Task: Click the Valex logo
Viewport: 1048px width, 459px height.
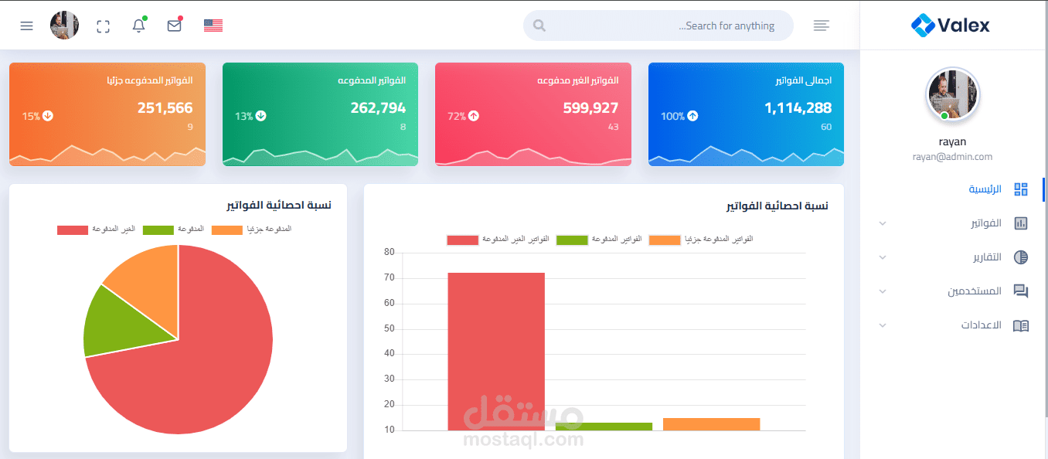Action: pyautogui.click(x=951, y=25)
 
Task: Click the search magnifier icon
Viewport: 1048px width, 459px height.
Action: pyautogui.click(x=539, y=25)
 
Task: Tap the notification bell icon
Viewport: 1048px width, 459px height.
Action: pyautogui.click(x=139, y=25)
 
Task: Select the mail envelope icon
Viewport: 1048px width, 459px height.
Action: pyautogui.click(x=175, y=25)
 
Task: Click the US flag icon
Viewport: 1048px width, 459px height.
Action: pyautogui.click(x=213, y=25)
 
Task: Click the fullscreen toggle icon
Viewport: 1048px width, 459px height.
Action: pyautogui.click(x=103, y=26)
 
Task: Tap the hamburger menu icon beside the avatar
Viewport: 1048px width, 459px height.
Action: pyautogui.click(x=26, y=25)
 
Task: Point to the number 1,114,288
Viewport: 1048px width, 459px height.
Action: pyautogui.click(x=798, y=108)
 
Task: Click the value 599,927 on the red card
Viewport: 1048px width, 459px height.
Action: pyautogui.click(x=590, y=108)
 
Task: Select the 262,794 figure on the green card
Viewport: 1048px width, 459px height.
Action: pyautogui.click(x=378, y=108)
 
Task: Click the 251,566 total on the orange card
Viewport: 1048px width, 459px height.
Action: pyautogui.click(x=165, y=108)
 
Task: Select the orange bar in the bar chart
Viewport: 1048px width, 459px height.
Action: pyautogui.click(x=711, y=423)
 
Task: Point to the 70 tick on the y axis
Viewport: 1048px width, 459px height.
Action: pyautogui.click(x=389, y=277)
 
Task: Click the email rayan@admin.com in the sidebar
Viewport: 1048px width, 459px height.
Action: pyautogui.click(x=951, y=157)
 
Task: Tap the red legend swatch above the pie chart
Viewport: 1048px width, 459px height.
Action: pyautogui.click(x=73, y=230)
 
